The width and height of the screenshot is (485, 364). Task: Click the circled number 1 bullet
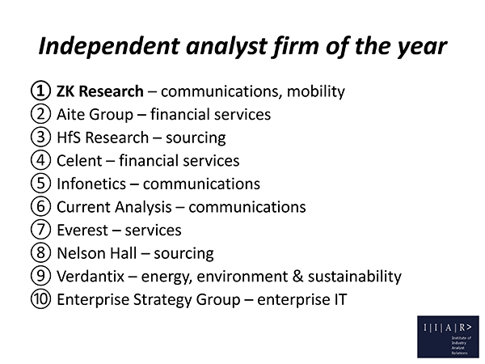(x=40, y=91)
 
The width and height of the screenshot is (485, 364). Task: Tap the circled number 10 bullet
(x=40, y=298)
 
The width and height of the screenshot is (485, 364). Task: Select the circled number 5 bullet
(x=40, y=183)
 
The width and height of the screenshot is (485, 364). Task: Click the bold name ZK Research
(x=100, y=91)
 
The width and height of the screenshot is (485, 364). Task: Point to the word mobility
(x=316, y=91)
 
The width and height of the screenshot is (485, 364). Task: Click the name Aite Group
(x=95, y=114)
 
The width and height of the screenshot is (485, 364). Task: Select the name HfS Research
(x=103, y=138)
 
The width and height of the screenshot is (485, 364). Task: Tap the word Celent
(x=79, y=161)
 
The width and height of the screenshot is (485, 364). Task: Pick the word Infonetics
(x=91, y=184)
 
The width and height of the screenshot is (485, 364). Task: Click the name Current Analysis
(x=114, y=207)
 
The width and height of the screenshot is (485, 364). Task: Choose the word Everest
(x=82, y=230)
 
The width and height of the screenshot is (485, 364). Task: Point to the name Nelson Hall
(x=96, y=253)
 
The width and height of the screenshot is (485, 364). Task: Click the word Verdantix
(x=91, y=276)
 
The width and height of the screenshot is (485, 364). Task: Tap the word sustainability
(x=355, y=276)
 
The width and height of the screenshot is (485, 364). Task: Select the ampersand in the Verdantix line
(x=297, y=276)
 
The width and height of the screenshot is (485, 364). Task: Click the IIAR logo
(x=448, y=336)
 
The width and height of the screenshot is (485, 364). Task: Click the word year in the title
(x=422, y=47)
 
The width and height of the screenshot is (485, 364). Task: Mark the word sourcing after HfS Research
(x=196, y=138)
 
